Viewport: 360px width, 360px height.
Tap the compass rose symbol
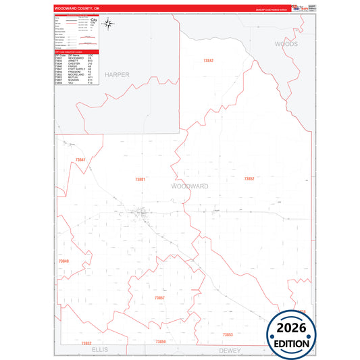(110, 25)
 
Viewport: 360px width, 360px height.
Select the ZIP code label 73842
(208, 61)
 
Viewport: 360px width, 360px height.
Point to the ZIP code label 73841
(80, 159)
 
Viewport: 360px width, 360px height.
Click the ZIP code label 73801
(140, 179)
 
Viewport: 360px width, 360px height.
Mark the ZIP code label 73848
(63, 261)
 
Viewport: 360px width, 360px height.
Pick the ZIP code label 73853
(228, 334)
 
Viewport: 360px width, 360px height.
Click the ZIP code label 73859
(160, 342)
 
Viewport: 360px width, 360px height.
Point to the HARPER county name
(116, 74)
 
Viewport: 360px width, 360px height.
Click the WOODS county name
(286, 43)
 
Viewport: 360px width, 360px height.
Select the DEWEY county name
(230, 351)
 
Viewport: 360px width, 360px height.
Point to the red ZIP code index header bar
(76, 51)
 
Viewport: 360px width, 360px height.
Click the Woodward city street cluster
(143, 215)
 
